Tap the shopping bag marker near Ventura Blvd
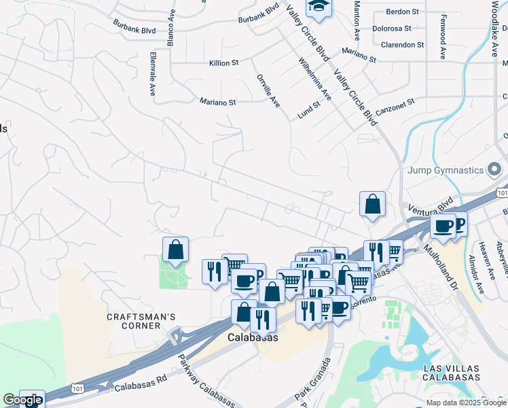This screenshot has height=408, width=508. [372, 204]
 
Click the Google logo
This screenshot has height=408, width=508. [22, 400]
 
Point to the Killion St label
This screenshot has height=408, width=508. [223, 63]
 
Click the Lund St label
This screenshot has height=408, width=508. [308, 111]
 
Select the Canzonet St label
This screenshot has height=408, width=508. [395, 105]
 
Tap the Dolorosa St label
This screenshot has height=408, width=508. [392, 29]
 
